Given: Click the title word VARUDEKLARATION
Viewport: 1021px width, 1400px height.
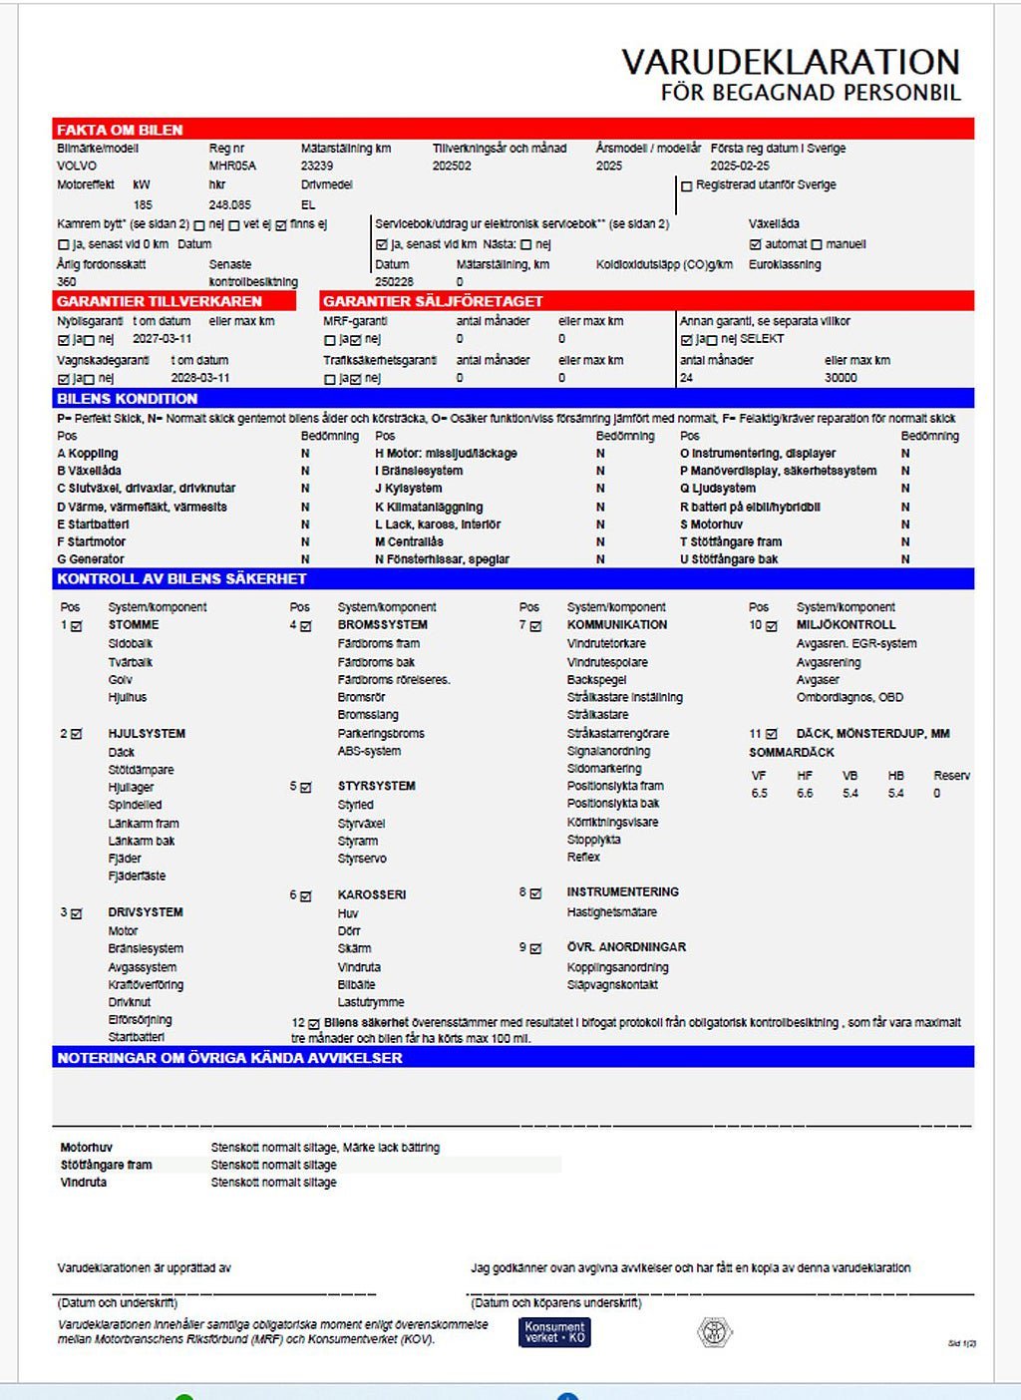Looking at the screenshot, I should pos(791,62).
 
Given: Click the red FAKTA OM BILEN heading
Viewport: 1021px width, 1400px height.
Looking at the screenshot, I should pos(120,130).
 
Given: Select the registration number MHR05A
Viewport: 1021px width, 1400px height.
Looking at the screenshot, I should pos(232,166).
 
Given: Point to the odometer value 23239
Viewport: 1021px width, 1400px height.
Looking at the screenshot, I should pos(317,166).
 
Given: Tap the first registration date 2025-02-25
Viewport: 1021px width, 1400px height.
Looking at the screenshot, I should pos(740,166).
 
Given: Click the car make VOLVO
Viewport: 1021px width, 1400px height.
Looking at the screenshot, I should pos(77,166).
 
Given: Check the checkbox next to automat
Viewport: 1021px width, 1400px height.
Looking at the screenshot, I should pos(755,244).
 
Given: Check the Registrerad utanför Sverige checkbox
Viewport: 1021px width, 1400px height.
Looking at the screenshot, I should pos(686,185).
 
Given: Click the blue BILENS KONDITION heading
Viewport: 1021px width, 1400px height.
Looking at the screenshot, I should pos(127,398).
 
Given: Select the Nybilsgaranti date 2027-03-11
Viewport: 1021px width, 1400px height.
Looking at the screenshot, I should pos(163,339).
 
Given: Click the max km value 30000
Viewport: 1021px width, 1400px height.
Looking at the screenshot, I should pos(841,378).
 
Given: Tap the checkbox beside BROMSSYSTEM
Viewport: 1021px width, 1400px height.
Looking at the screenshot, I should pos(306,626).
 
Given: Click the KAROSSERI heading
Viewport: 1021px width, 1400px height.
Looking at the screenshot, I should pos(372,894).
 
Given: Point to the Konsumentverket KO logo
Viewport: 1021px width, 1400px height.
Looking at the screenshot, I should pos(554,1332).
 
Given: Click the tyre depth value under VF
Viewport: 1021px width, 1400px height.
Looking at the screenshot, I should pos(760,794).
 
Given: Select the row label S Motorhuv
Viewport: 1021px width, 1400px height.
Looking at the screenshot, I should pos(711,525).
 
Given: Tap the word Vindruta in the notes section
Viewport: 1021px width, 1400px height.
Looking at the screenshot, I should pos(84,1183).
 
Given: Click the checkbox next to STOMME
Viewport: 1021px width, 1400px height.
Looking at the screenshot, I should pos(77,626).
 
